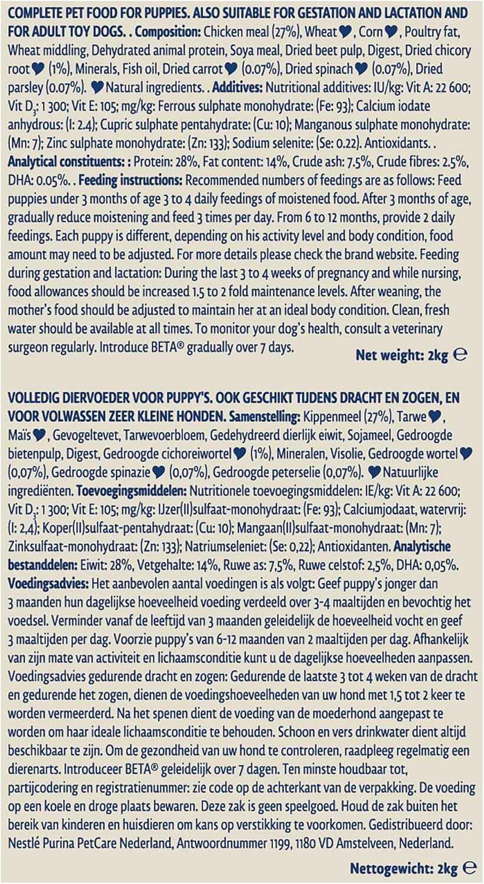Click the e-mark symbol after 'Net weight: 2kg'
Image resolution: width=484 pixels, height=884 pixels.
[x=462, y=355]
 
